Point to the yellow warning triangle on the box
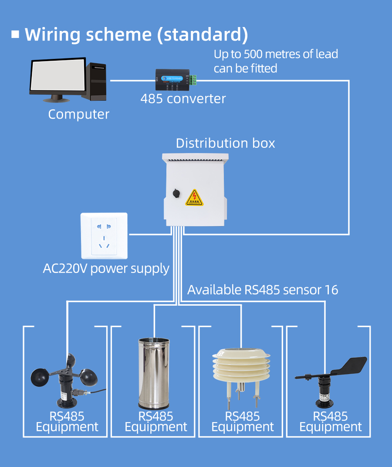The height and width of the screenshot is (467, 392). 194,198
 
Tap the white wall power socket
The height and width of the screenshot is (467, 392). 104,236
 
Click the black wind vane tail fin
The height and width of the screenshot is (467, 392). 351,365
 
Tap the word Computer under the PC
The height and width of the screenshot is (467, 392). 78,114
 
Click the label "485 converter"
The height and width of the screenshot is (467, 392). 183,99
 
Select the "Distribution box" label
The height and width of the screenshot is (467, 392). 225,143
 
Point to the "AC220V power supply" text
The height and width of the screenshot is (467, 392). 106,268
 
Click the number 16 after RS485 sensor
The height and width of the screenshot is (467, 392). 331,290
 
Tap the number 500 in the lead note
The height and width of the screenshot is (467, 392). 252,55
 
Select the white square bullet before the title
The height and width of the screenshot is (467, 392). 16,34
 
